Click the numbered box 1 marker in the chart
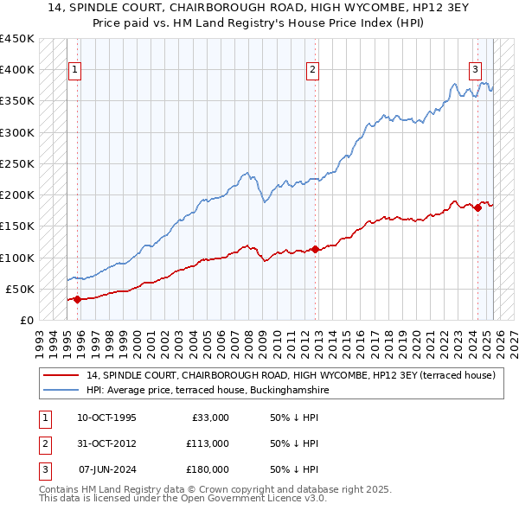click(74, 71)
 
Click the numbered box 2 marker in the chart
click(312, 71)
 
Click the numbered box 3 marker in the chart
click(475, 71)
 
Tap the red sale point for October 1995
click(77, 300)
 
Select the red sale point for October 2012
click(315, 250)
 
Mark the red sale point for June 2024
click(477, 207)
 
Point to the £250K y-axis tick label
click(17, 163)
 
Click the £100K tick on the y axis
click(17, 258)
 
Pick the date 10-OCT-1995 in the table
click(106, 418)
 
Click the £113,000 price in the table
click(207, 443)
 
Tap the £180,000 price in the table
click(207, 469)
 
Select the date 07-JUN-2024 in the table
click(107, 469)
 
